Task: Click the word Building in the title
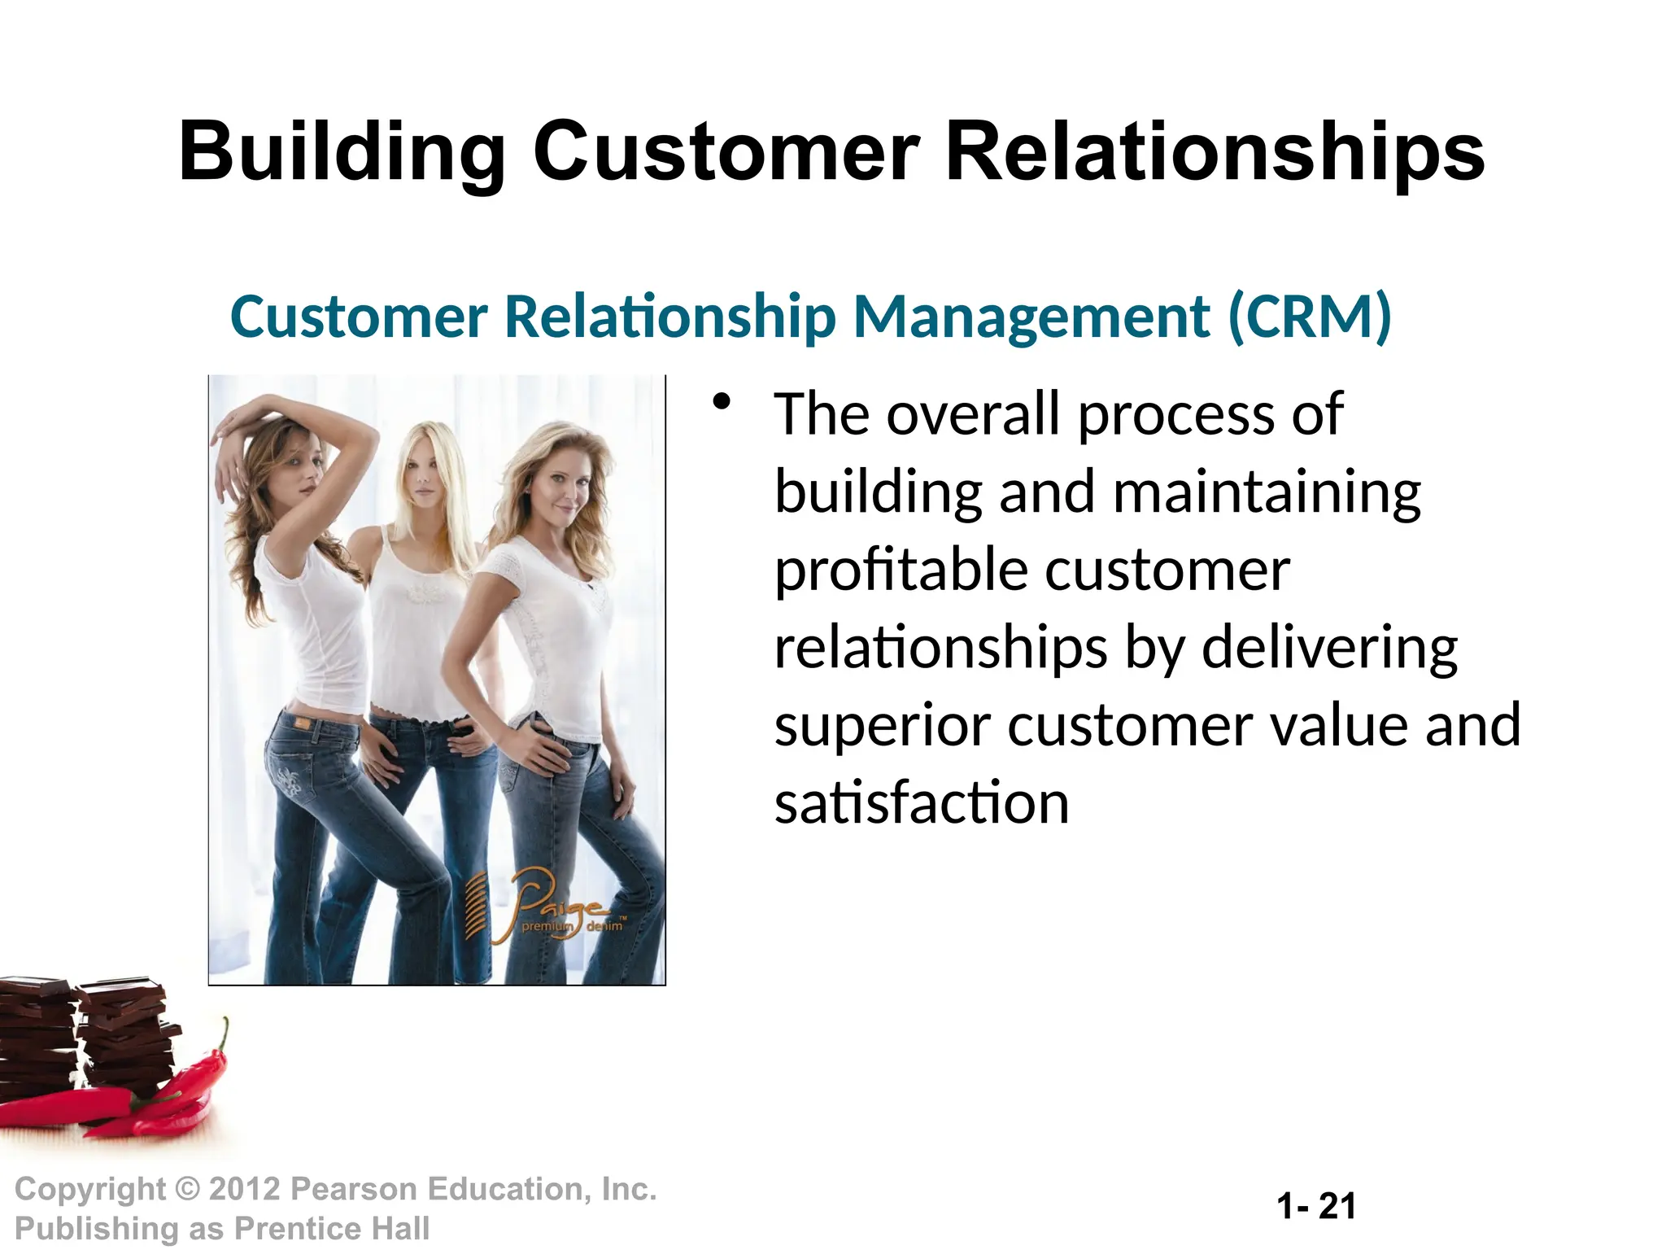[342, 152]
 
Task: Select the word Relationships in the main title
[1215, 152]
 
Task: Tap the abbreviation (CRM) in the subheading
[1309, 317]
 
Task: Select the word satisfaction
[922, 802]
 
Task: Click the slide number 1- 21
[1316, 1206]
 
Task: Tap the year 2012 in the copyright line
[245, 1189]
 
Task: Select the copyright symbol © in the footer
[187, 1189]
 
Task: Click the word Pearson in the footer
[353, 1189]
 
